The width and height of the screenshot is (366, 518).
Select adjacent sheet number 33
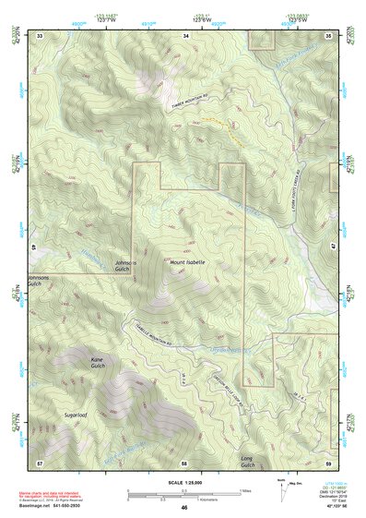point(40,35)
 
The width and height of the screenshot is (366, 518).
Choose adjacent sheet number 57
point(40,462)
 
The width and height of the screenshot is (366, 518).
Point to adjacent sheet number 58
point(184,462)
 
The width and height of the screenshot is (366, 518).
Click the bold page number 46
point(184,507)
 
